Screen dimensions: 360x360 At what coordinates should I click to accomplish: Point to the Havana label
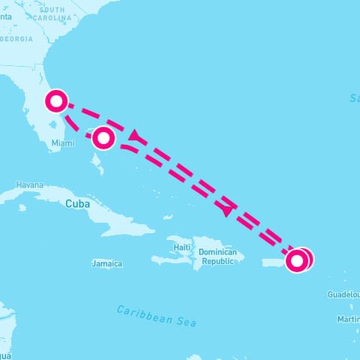click(x=30, y=184)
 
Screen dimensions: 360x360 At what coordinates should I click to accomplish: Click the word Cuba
click(x=77, y=203)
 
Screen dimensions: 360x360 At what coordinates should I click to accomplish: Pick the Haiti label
click(x=181, y=246)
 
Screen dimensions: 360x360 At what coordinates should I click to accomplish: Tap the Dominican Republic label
click(x=217, y=257)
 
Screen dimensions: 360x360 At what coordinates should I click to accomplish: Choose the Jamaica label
click(x=106, y=264)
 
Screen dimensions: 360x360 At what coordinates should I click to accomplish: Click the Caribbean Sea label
click(x=157, y=315)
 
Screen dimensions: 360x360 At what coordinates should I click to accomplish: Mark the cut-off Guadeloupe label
click(x=343, y=295)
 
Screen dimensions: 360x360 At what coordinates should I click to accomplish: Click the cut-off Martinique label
click(x=348, y=319)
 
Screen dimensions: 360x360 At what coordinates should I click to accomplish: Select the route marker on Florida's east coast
click(x=57, y=100)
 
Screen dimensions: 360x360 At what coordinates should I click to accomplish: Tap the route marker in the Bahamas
click(x=103, y=137)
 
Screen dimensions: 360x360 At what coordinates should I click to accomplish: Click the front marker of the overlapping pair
click(x=296, y=261)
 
